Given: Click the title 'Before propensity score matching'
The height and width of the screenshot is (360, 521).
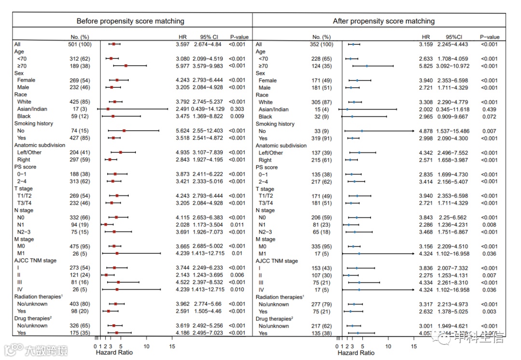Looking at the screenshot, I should tap(130, 21).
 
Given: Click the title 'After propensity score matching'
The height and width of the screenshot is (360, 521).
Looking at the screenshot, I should tap(384, 21).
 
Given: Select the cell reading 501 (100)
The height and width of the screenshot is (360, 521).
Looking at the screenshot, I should tap(79, 44).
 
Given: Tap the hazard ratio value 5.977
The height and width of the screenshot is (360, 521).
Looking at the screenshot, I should tap(184, 66).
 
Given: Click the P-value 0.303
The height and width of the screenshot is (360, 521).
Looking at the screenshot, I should tap(239, 109).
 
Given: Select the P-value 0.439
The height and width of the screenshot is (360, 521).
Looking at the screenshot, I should tap(489, 110).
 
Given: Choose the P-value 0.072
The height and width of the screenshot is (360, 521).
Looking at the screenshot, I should tap(489, 117).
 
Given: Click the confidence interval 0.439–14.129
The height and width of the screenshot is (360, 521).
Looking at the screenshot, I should tap(209, 109).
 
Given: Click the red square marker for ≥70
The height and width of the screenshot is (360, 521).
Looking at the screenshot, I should tap(126, 66).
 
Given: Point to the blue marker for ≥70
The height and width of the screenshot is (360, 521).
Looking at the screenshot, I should tap(367, 66).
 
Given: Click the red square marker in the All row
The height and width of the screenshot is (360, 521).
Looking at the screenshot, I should tap(113, 44).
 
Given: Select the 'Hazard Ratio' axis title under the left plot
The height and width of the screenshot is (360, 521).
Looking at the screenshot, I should tap(114, 353).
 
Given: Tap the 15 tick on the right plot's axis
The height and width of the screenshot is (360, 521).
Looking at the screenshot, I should tap(413, 346).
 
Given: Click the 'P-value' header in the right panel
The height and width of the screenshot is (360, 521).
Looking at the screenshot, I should tap(489, 37).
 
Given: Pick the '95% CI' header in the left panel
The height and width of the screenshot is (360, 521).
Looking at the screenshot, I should tap(209, 37).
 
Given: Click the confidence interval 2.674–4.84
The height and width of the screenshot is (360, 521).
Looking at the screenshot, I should tap(209, 44).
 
